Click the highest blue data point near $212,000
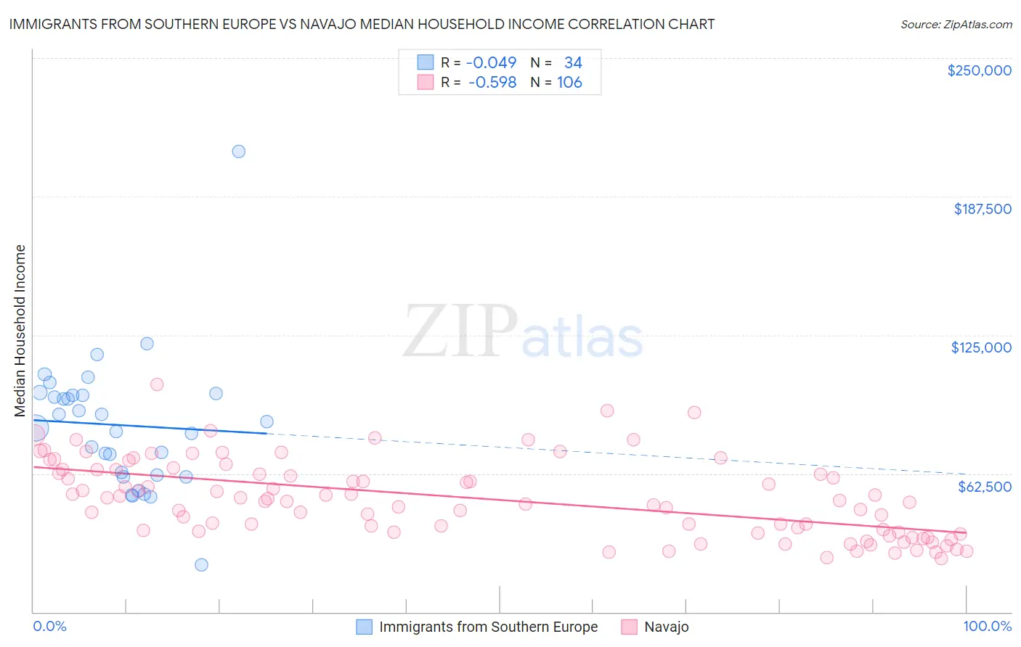[x=238, y=152]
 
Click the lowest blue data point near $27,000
[x=201, y=565]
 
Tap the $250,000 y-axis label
[x=979, y=70]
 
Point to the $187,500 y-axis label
[x=982, y=209]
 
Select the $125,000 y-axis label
[x=981, y=347]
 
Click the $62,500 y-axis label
[x=984, y=487]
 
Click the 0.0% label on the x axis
[x=49, y=627]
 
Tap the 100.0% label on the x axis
[x=987, y=627]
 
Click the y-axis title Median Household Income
[x=20, y=331]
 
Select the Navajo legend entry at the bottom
[x=666, y=627]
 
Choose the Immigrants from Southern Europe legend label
[x=488, y=627]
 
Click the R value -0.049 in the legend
[x=492, y=62]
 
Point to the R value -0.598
[x=492, y=83]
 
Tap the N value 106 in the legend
[x=569, y=83]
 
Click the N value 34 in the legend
[x=573, y=62]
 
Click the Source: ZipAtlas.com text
[x=956, y=25]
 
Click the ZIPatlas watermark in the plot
[x=523, y=332]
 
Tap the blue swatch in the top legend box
[x=425, y=62]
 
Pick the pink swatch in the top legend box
[x=425, y=83]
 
